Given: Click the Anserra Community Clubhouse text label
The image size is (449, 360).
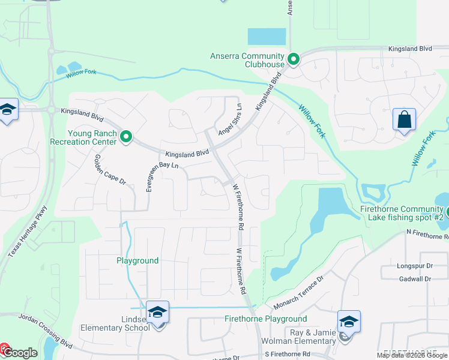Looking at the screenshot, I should click(x=247, y=60).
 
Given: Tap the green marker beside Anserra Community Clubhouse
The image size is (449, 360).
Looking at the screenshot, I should click(x=294, y=59).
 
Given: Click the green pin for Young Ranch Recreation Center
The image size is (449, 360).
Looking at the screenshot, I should click(x=126, y=137).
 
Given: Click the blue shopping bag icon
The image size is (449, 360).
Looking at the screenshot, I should click(x=405, y=119).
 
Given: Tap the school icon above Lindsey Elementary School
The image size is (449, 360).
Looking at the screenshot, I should click(x=157, y=311).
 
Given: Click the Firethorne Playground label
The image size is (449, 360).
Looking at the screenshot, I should click(x=265, y=319).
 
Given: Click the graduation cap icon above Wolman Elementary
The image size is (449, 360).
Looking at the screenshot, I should click(x=349, y=321).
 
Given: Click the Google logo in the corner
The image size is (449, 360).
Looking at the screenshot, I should click(x=19, y=352).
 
